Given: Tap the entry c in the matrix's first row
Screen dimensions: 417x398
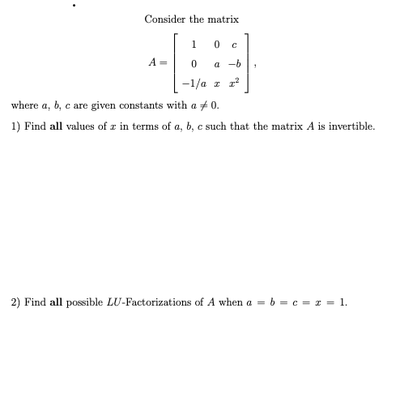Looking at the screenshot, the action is click(x=232, y=44).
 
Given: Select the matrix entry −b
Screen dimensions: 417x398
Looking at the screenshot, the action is click(x=232, y=63).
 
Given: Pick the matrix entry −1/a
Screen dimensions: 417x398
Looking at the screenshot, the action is click(x=194, y=83).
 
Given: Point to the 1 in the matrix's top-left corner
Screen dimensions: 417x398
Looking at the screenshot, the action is click(x=194, y=44).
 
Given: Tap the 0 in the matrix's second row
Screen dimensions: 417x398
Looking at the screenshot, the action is click(x=194, y=63).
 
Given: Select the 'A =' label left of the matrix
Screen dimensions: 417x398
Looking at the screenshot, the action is click(x=157, y=62).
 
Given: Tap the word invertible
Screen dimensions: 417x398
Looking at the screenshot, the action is click(x=353, y=126).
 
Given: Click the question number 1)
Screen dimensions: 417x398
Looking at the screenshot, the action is click(x=15, y=126).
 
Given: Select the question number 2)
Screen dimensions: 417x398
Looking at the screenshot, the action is click(x=15, y=302).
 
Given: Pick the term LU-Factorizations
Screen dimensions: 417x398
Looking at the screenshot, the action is click(x=141, y=302).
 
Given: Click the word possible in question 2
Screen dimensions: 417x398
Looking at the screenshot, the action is click(x=83, y=302).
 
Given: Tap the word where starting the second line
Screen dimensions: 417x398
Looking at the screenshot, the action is click(x=24, y=106).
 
